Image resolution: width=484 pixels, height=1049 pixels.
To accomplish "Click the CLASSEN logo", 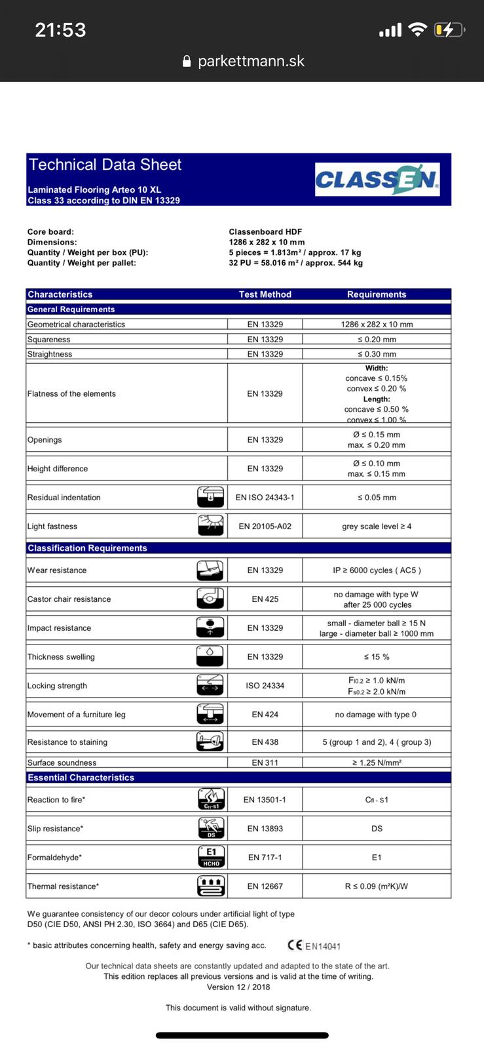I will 377,180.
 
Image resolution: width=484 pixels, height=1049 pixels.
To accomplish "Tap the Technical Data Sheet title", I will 105,165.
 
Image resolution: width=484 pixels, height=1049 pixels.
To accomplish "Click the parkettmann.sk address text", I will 251,61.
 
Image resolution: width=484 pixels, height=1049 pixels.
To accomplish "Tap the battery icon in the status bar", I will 449,30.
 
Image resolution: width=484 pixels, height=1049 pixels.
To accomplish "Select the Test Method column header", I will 265,294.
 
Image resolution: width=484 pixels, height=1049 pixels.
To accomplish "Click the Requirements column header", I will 377,294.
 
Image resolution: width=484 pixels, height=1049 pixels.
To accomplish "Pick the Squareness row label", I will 49,340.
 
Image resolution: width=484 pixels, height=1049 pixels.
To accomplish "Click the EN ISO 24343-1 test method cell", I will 265,498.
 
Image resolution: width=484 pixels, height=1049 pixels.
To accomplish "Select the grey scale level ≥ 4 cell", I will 377,526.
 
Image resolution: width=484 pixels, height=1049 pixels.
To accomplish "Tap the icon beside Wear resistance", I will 210,570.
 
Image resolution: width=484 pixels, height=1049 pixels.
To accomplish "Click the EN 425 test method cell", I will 265,599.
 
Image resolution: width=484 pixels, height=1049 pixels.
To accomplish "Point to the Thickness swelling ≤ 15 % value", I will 377,657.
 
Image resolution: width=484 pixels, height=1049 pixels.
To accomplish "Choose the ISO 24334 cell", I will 265,686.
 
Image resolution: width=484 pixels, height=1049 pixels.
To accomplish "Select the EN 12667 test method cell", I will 265,886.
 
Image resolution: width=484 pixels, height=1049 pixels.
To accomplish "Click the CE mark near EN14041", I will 295,945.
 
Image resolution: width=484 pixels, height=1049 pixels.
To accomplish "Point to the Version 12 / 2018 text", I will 238,987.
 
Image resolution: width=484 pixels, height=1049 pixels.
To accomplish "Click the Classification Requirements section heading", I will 87,548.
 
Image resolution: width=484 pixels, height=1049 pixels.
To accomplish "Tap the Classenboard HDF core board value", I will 265,231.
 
